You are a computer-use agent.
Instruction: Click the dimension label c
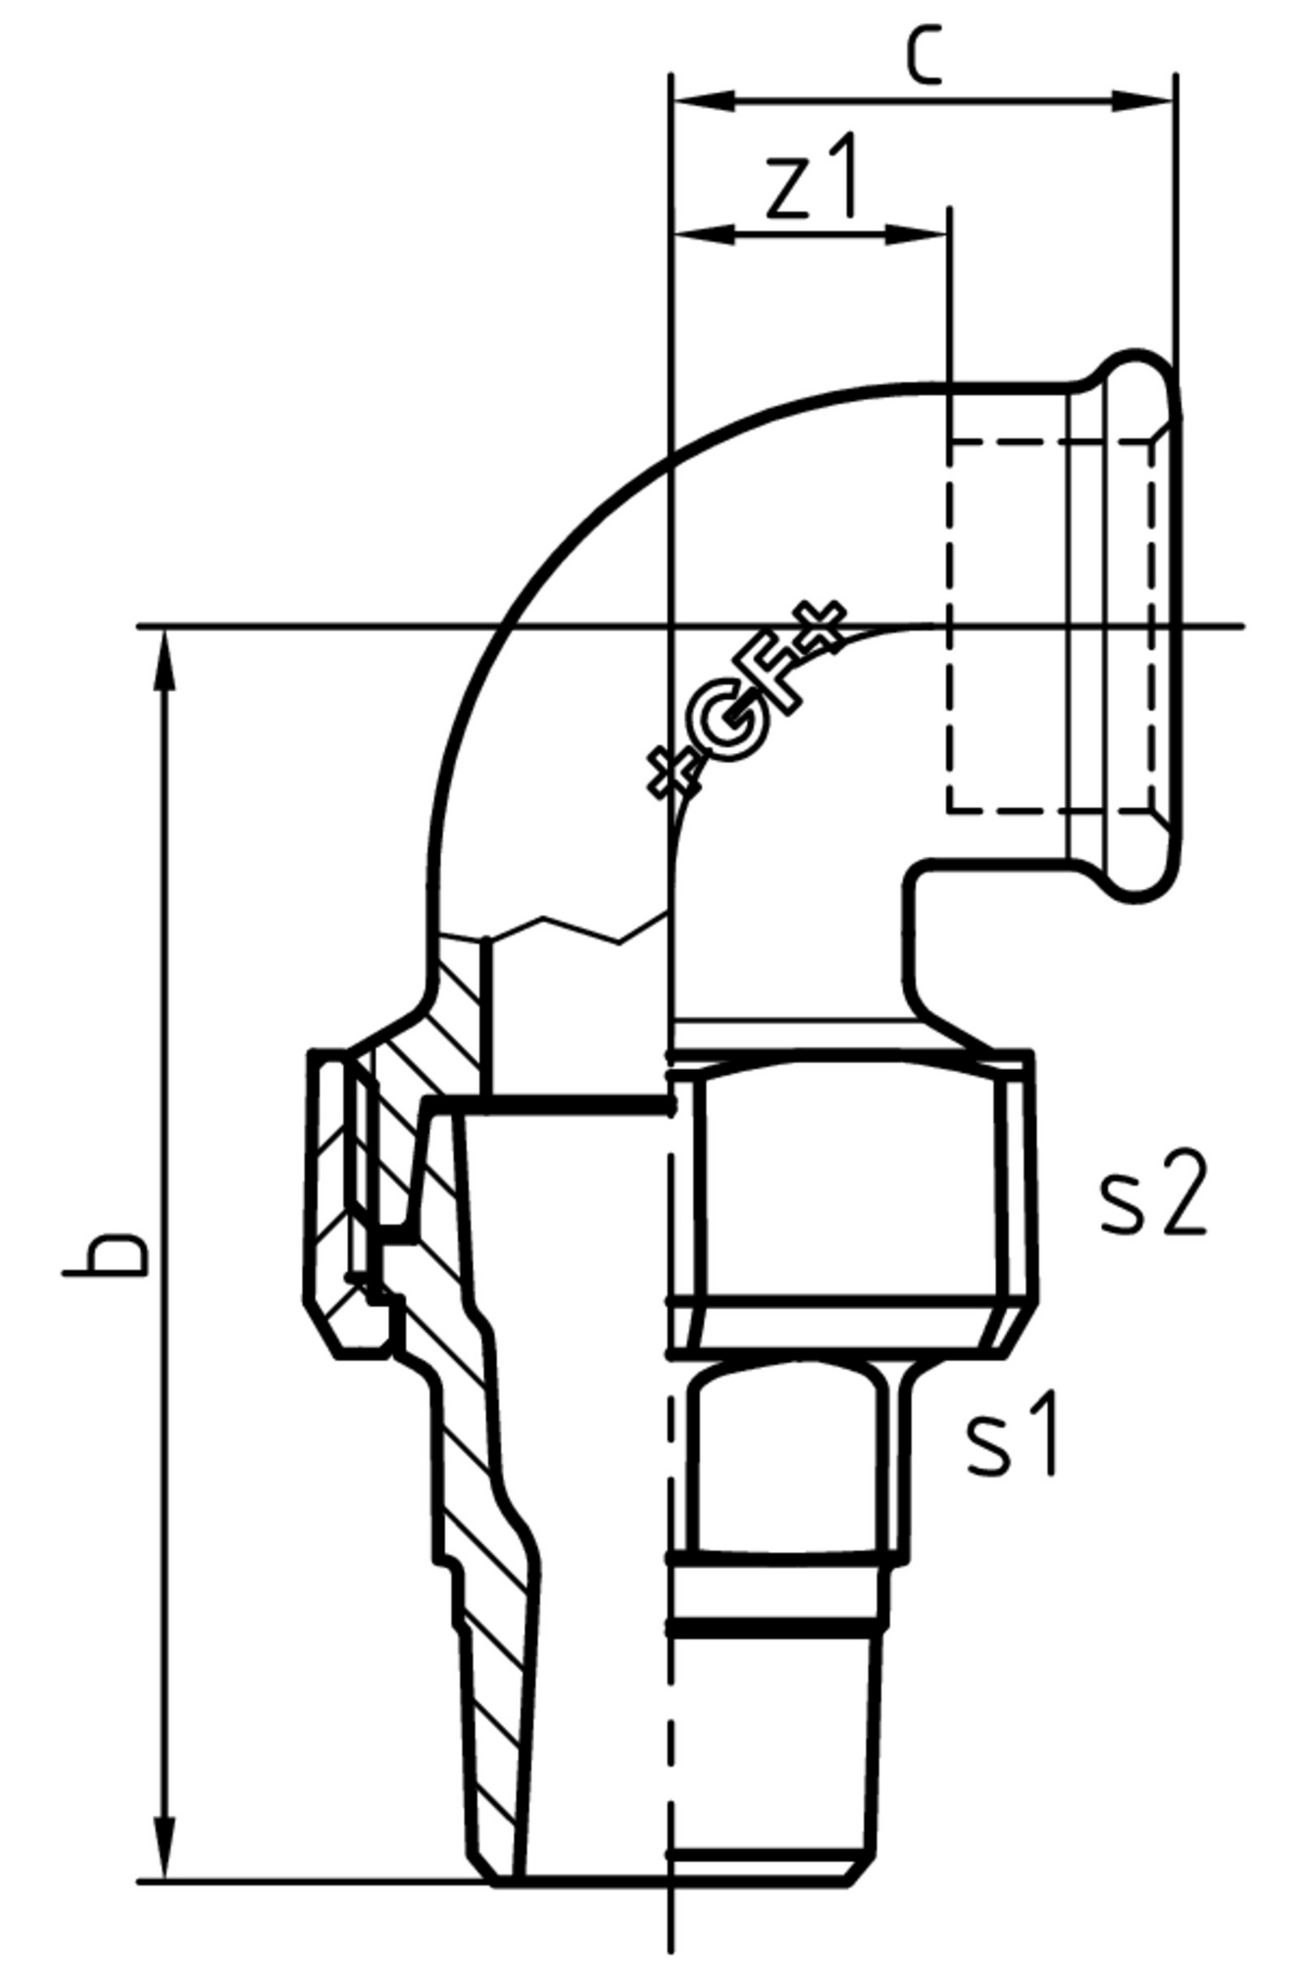click(923, 55)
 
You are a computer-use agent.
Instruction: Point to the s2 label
click(1151, 1193)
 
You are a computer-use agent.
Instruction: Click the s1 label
click(1012, 1433)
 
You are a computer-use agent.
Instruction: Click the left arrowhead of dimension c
click(704, 100)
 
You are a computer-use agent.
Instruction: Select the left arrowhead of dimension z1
click(704, 233)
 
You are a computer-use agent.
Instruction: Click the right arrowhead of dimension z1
click(916, 233)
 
